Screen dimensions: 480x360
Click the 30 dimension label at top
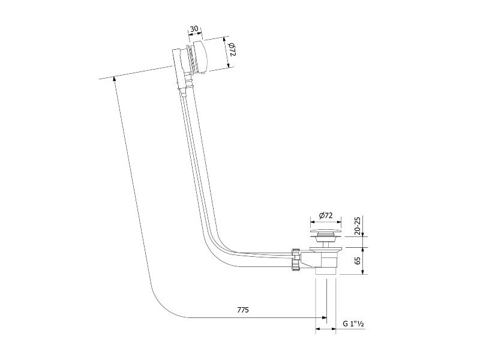pos(194,29)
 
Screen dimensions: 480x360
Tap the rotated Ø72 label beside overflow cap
pos(232,49)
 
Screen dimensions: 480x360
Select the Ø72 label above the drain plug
pos(325,215)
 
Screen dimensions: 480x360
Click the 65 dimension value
pos(358,260)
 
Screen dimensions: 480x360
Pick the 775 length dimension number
pos(243,310)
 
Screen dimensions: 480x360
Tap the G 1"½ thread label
pos(353,324)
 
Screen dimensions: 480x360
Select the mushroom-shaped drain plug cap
pos(325,232)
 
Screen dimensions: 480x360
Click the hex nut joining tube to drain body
pos(296,260)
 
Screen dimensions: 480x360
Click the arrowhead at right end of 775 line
pos(324,318)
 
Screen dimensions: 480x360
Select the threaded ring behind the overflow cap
pos(191,59)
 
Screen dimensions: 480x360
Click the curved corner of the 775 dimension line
pos(162,307)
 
